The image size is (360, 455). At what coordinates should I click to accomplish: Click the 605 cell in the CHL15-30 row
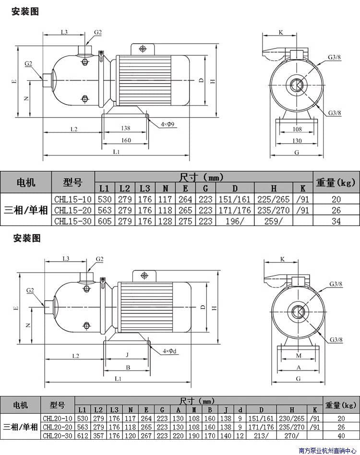click(105, 221)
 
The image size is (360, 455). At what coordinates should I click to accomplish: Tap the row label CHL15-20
click(73, 210)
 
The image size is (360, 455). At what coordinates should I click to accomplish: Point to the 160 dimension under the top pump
click(125, 141)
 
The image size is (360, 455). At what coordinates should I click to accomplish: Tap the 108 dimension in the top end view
click(297, 129)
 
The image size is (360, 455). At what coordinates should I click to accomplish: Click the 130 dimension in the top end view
click(297, 141)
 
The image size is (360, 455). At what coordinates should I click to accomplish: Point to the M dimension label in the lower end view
click(298, 356)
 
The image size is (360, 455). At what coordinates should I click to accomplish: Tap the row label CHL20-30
click(57, 435)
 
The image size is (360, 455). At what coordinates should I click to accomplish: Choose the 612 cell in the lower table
click(83, 435)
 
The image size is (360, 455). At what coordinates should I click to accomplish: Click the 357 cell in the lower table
click(98, 435)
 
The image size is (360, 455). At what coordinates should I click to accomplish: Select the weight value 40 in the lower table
click(341, 435)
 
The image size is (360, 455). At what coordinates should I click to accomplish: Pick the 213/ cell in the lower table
click(261, 435)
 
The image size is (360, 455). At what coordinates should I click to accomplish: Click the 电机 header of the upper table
click(25, 182)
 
